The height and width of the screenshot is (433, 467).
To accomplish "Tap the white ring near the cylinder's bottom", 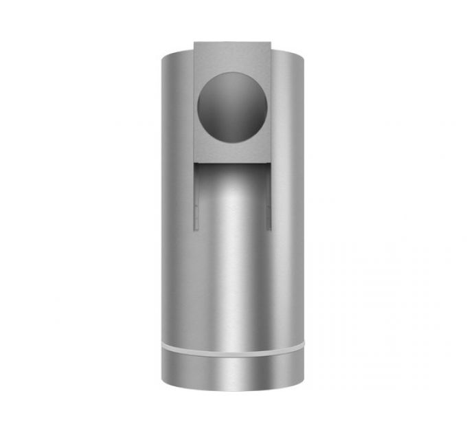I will click(x=232, y=347).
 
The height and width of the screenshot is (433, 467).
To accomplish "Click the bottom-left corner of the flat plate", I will click(x=194, y=161).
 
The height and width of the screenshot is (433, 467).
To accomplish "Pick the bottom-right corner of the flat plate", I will click(x=270, y=161).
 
